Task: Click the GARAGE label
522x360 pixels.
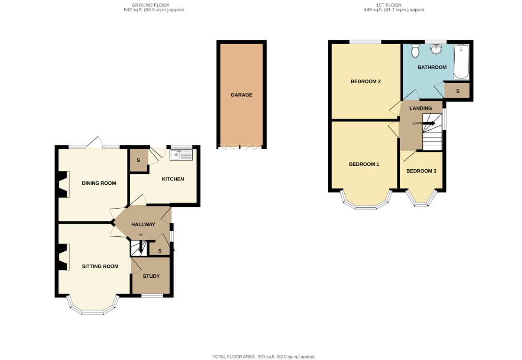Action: [x=241, y=95]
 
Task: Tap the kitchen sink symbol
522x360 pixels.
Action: [x=181, y=155]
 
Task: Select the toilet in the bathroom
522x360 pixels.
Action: [x=415, y=50]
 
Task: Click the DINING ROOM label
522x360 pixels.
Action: [x=99, y=183]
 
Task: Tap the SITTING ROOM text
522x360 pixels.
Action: [x=100, y=266]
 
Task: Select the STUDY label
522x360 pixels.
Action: [x=151, y=276]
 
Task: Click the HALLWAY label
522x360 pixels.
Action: [x=143, y=225]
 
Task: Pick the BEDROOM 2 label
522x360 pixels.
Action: [x=365, y=82]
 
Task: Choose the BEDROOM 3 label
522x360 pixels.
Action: [x=421, y=171]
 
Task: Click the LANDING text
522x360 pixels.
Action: [x=420, y=109]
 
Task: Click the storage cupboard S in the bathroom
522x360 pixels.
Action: [x=457, y=91]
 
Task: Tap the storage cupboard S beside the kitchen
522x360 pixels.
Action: [x=138, y=161]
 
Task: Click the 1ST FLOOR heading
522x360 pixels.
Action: [x=388, y=7]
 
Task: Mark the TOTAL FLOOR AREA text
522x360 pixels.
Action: [x=264, y=357]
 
